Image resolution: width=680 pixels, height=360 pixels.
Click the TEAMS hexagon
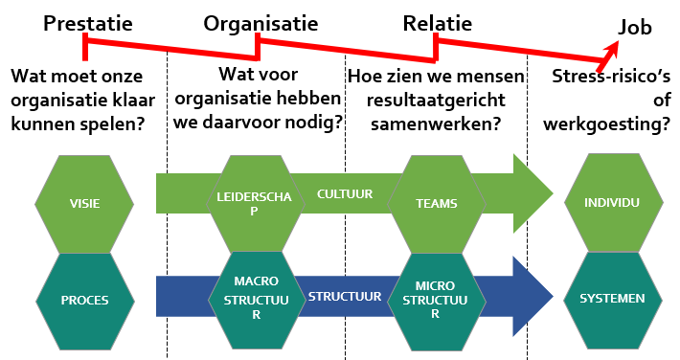tap(435, 203)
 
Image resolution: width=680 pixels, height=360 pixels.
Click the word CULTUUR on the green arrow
tap(345, 194)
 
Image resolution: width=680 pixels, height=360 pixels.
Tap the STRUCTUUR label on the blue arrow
tap(346, 297)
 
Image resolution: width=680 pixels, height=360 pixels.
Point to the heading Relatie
tap(437, 23)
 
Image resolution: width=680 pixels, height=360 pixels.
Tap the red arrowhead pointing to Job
tap(610, 49)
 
